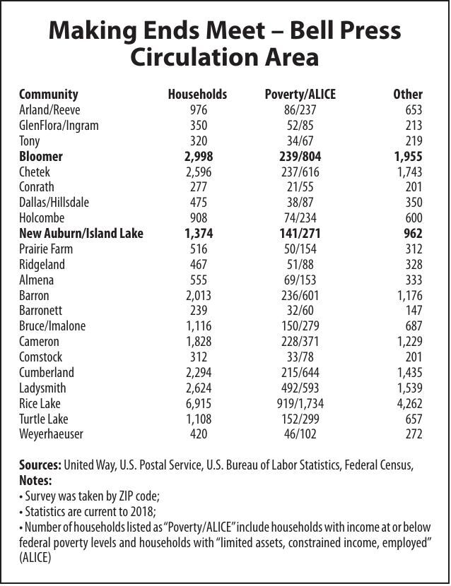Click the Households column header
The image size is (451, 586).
click(197, 94)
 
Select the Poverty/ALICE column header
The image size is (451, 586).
click(300, 94)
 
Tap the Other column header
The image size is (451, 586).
click(407, 94)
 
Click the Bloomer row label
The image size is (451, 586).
click(41, 156)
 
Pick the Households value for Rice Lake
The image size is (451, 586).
click(199, 403)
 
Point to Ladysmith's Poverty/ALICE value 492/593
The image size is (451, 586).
click(300, 388)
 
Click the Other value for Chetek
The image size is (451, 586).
click(409, 172)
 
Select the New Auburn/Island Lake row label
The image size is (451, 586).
click(81, 233)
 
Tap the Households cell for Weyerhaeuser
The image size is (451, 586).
click(199, 434)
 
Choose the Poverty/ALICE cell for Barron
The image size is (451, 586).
click(300, 295)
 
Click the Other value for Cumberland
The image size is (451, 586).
click(409, 372)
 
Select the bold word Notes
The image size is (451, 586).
click(35, 480)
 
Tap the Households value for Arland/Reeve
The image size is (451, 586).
click(199, 109)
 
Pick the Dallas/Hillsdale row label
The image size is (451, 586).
click(54, 202)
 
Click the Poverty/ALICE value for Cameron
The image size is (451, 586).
click(300, 342)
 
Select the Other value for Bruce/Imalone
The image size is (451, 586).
click(412, 326)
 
